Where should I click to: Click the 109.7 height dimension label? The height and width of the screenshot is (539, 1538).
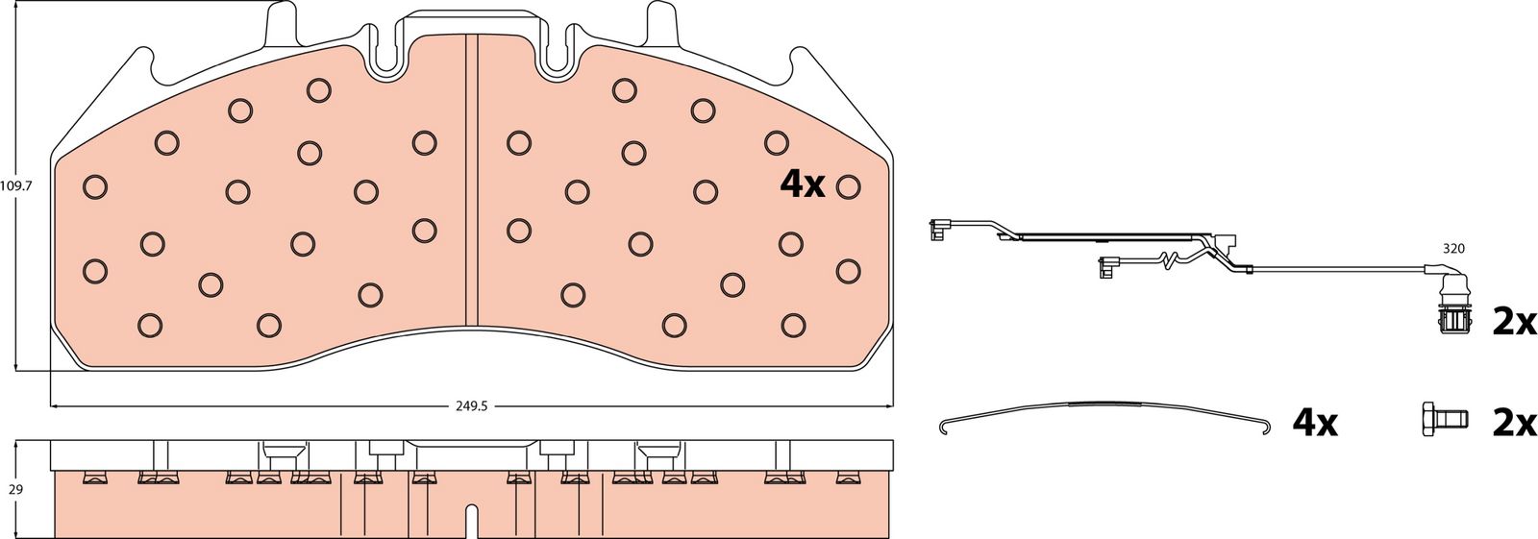[16, 185]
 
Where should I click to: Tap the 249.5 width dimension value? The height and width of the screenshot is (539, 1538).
[472, 406]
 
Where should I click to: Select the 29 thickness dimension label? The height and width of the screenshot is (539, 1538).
[15, 490]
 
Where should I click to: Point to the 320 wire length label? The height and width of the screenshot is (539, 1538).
[1452, 249]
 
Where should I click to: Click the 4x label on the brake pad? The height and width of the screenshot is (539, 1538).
[802, 184]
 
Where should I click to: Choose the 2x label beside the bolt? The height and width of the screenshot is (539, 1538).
[1513, 425]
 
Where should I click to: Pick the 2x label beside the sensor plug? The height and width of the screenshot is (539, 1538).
[1513, 341]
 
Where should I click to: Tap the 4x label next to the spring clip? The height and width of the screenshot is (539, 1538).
[1315, 424]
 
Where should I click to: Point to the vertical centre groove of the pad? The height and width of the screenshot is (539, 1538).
[472, 179]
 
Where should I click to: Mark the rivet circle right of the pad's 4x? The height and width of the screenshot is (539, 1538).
[849, 186]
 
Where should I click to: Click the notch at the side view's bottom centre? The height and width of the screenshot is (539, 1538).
[472, 521]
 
